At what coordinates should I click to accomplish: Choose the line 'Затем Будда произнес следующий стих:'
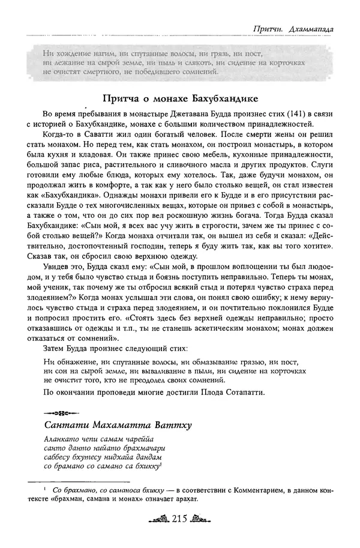click(111, 349)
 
